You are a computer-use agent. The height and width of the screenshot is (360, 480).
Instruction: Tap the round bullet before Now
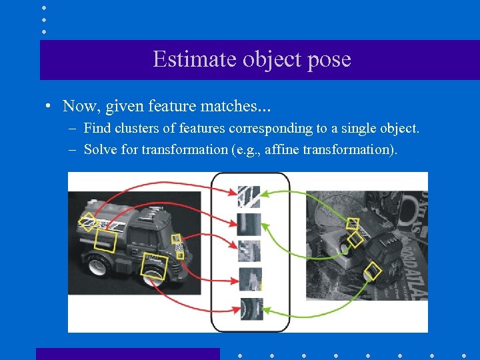point(49,106)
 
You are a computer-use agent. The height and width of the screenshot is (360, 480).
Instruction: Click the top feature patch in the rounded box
point(249,196)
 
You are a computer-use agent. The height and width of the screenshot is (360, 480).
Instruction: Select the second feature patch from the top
point(249,224)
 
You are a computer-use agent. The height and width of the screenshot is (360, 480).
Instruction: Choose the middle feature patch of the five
point(249,251)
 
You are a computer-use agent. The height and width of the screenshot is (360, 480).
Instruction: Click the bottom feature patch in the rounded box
point(251,309)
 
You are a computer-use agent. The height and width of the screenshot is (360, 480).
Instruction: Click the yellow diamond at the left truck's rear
point(87,222)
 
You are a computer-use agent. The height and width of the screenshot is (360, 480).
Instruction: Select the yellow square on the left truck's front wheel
point(155,264)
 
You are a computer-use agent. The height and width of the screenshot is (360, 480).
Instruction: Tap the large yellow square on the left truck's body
point(105,241)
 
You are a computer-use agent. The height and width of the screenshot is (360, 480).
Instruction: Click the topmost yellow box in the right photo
point(353,223)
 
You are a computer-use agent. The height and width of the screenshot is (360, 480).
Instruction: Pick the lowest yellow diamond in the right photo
point(373,271)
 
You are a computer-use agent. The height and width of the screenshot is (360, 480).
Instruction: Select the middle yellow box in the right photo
point(355,239)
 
